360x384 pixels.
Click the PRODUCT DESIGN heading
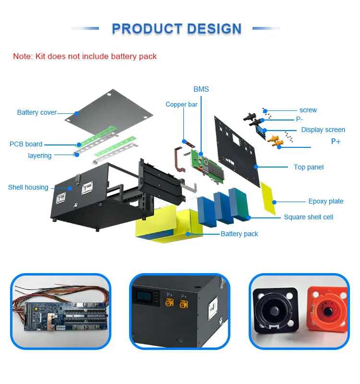176,29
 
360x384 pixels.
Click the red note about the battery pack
85,56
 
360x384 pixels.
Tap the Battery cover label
37,113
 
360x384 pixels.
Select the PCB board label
26,144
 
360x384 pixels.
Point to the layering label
39,156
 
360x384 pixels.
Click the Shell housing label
28,187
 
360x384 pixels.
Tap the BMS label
201,89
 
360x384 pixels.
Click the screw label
308,110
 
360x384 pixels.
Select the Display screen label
323,130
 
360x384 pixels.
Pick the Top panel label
309,167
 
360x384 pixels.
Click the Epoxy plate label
326,202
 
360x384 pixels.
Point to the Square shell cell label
308,217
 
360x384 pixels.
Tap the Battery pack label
239,234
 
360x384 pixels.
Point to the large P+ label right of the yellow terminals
336,142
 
